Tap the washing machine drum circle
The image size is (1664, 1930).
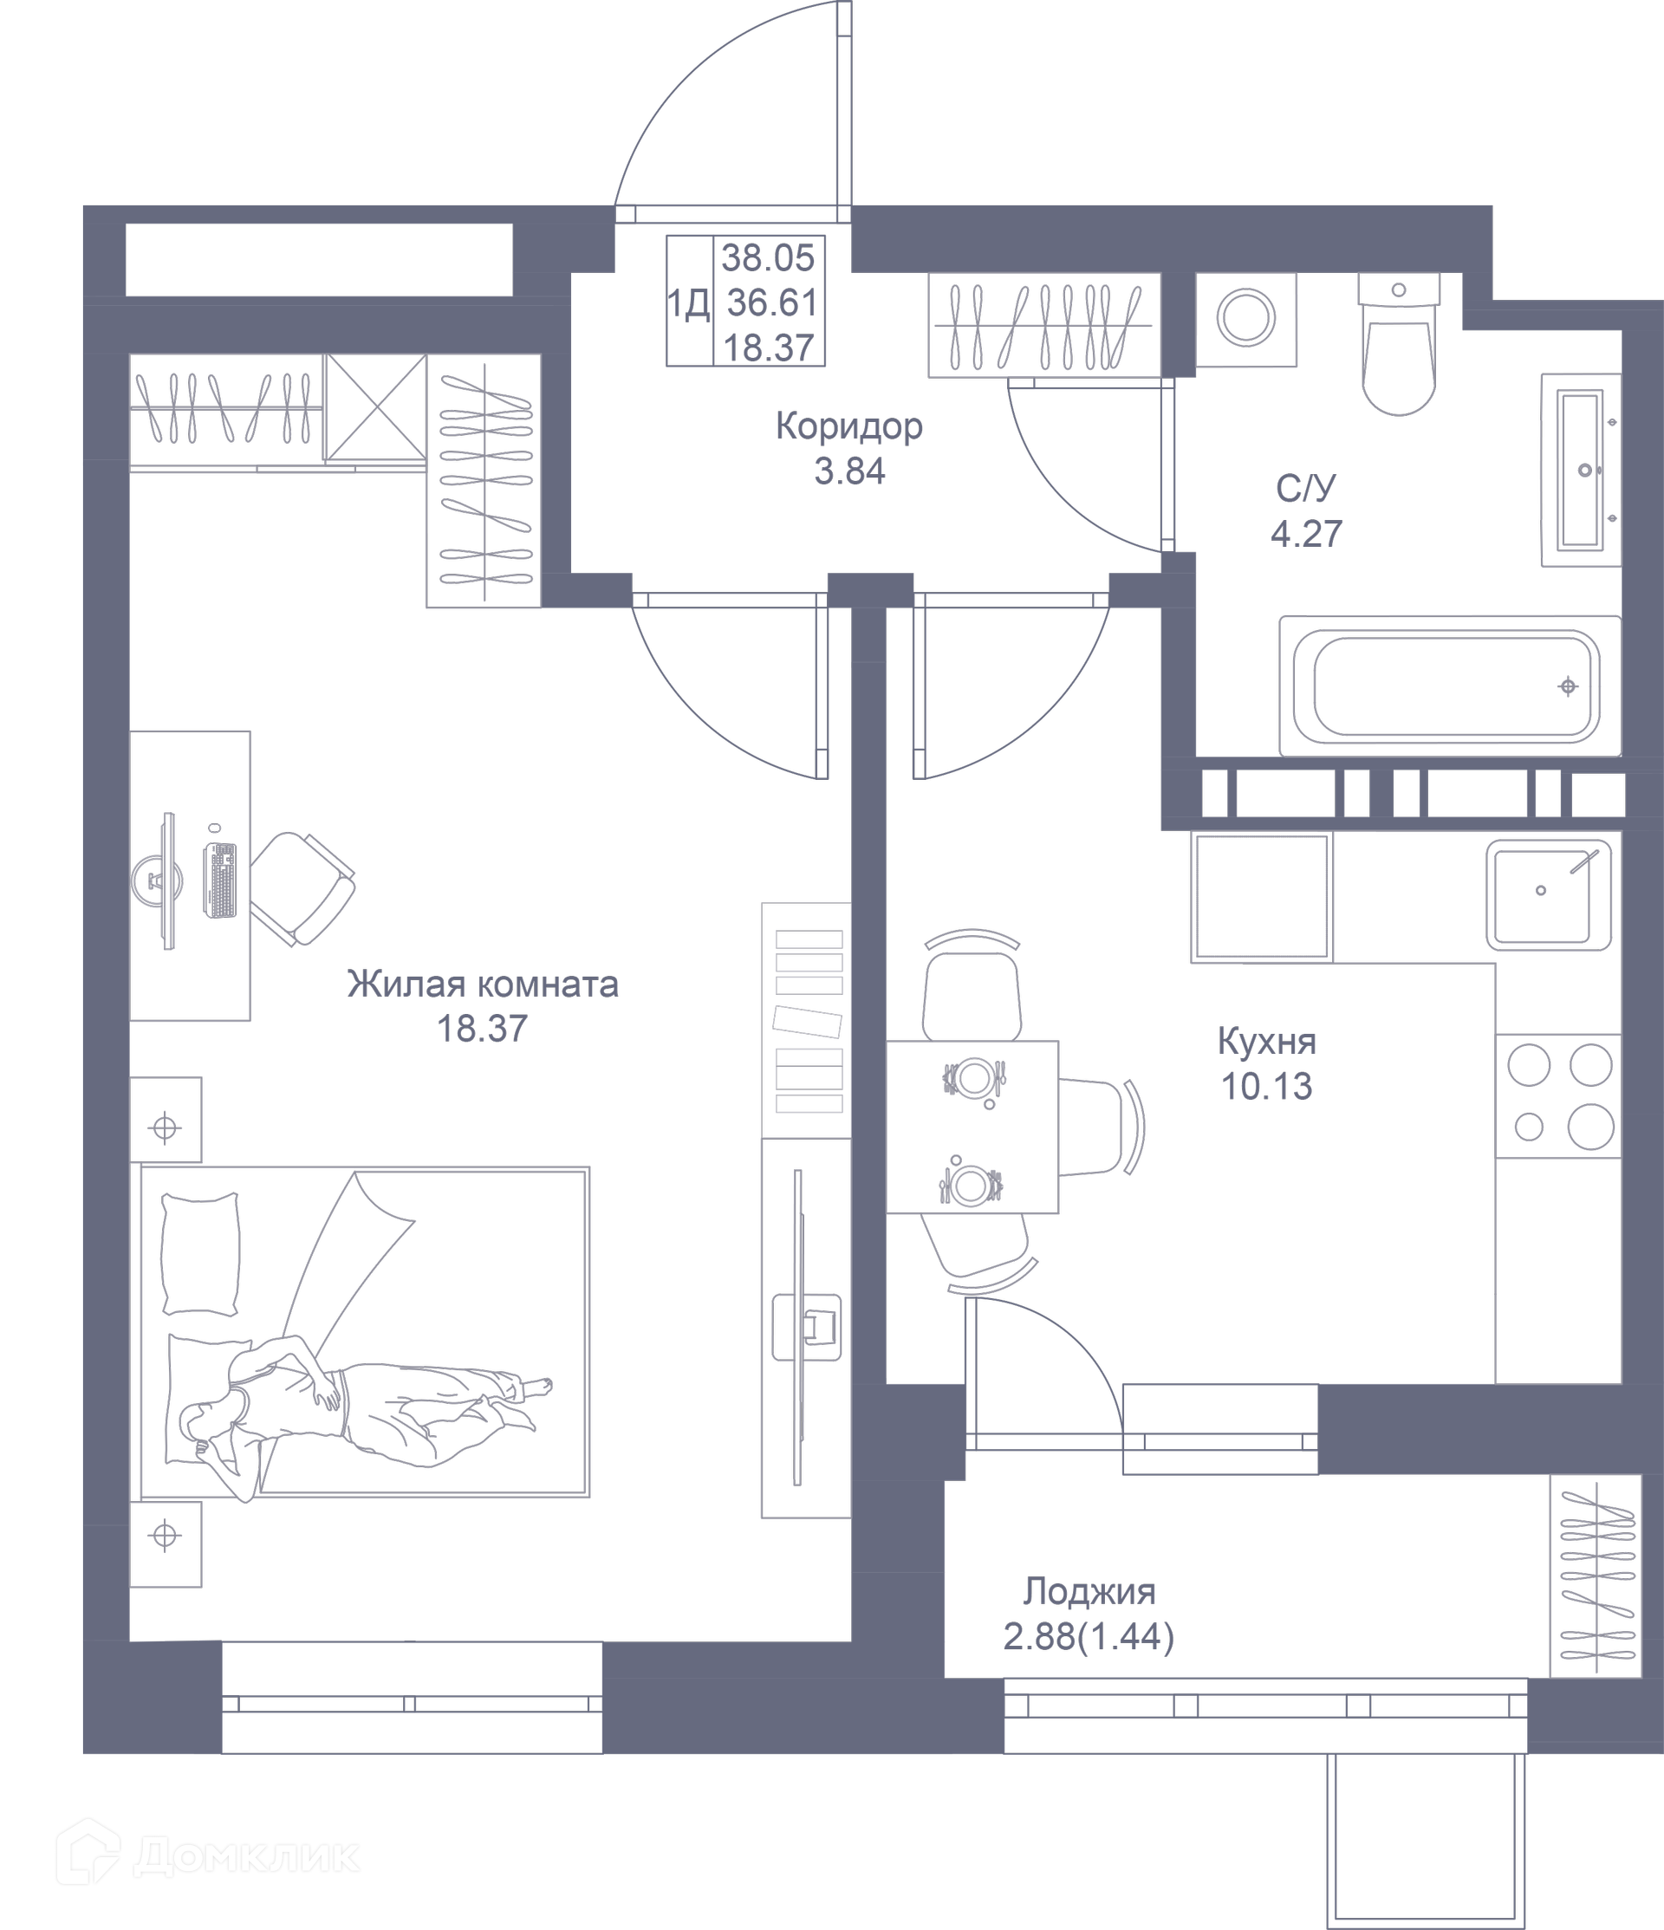[x=1245, y=319]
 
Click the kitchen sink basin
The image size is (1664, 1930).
[x=1548, y=895]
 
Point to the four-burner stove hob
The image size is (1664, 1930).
[x=1559, y=1095]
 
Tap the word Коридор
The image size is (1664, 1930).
[x=848, y=426]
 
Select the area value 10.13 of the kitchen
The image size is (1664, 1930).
[x=1266, y=1086]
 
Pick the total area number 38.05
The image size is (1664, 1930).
[x=768, y=258]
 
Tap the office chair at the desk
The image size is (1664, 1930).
[x=302, y=887]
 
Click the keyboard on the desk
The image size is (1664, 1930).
[x=221, y=880]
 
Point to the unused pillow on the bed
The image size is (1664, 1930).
[x=200, y=1254]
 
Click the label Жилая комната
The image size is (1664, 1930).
[x=483, y=984]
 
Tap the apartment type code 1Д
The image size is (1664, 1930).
[x=688, y=303]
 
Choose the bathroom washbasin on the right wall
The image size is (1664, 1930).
[x=1581, y=470]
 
